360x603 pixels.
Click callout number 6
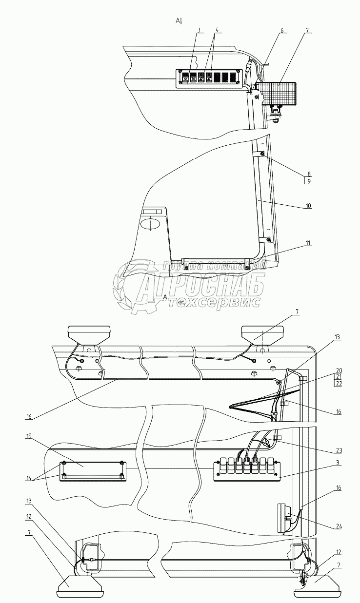[x=281, y=30]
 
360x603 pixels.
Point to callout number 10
[x=309, y=206]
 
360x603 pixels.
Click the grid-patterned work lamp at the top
[x=276, y=93]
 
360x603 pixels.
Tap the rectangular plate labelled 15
[x=91, y=471]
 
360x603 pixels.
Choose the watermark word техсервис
[x=215, y=303]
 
